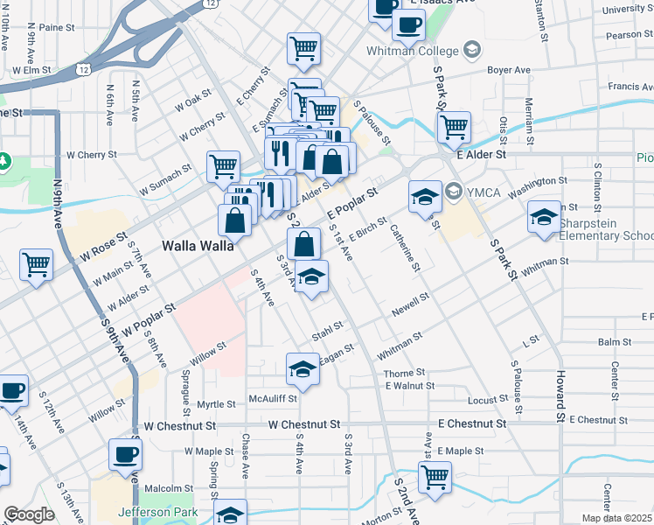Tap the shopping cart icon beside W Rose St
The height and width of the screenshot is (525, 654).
click(36, 263)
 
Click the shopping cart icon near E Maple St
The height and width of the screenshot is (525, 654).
click(435, 477)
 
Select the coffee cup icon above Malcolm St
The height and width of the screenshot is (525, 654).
click(125, 454)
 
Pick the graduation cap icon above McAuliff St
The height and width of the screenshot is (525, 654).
click(302, 368)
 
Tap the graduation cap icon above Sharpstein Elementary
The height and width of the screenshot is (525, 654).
click(543, 215)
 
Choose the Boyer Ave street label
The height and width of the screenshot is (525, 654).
click(509, 70)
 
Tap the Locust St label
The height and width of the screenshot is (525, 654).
click(488, 400)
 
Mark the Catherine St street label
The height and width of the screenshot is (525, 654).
click(404, 247)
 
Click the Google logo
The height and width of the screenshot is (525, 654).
click(29, 514)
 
